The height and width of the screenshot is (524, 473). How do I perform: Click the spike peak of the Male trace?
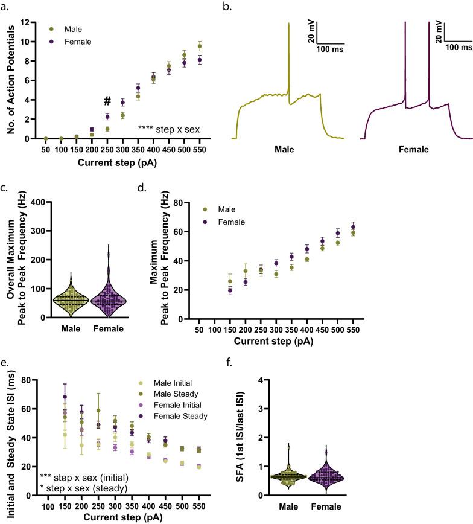point(289,24)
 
